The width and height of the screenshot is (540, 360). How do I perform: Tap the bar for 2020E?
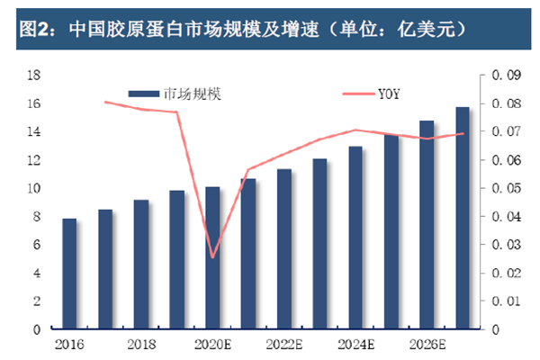[x=212, y=258]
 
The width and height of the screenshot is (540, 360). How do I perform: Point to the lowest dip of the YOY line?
[x=212, y=257]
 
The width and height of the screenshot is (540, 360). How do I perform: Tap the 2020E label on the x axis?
[x=212, y=345]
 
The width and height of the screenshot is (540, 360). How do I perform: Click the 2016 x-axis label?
[x=69, y=345]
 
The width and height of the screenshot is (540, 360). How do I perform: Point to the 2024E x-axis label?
[x=355, y=345]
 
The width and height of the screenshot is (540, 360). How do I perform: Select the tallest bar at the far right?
[x=463, y=218]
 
